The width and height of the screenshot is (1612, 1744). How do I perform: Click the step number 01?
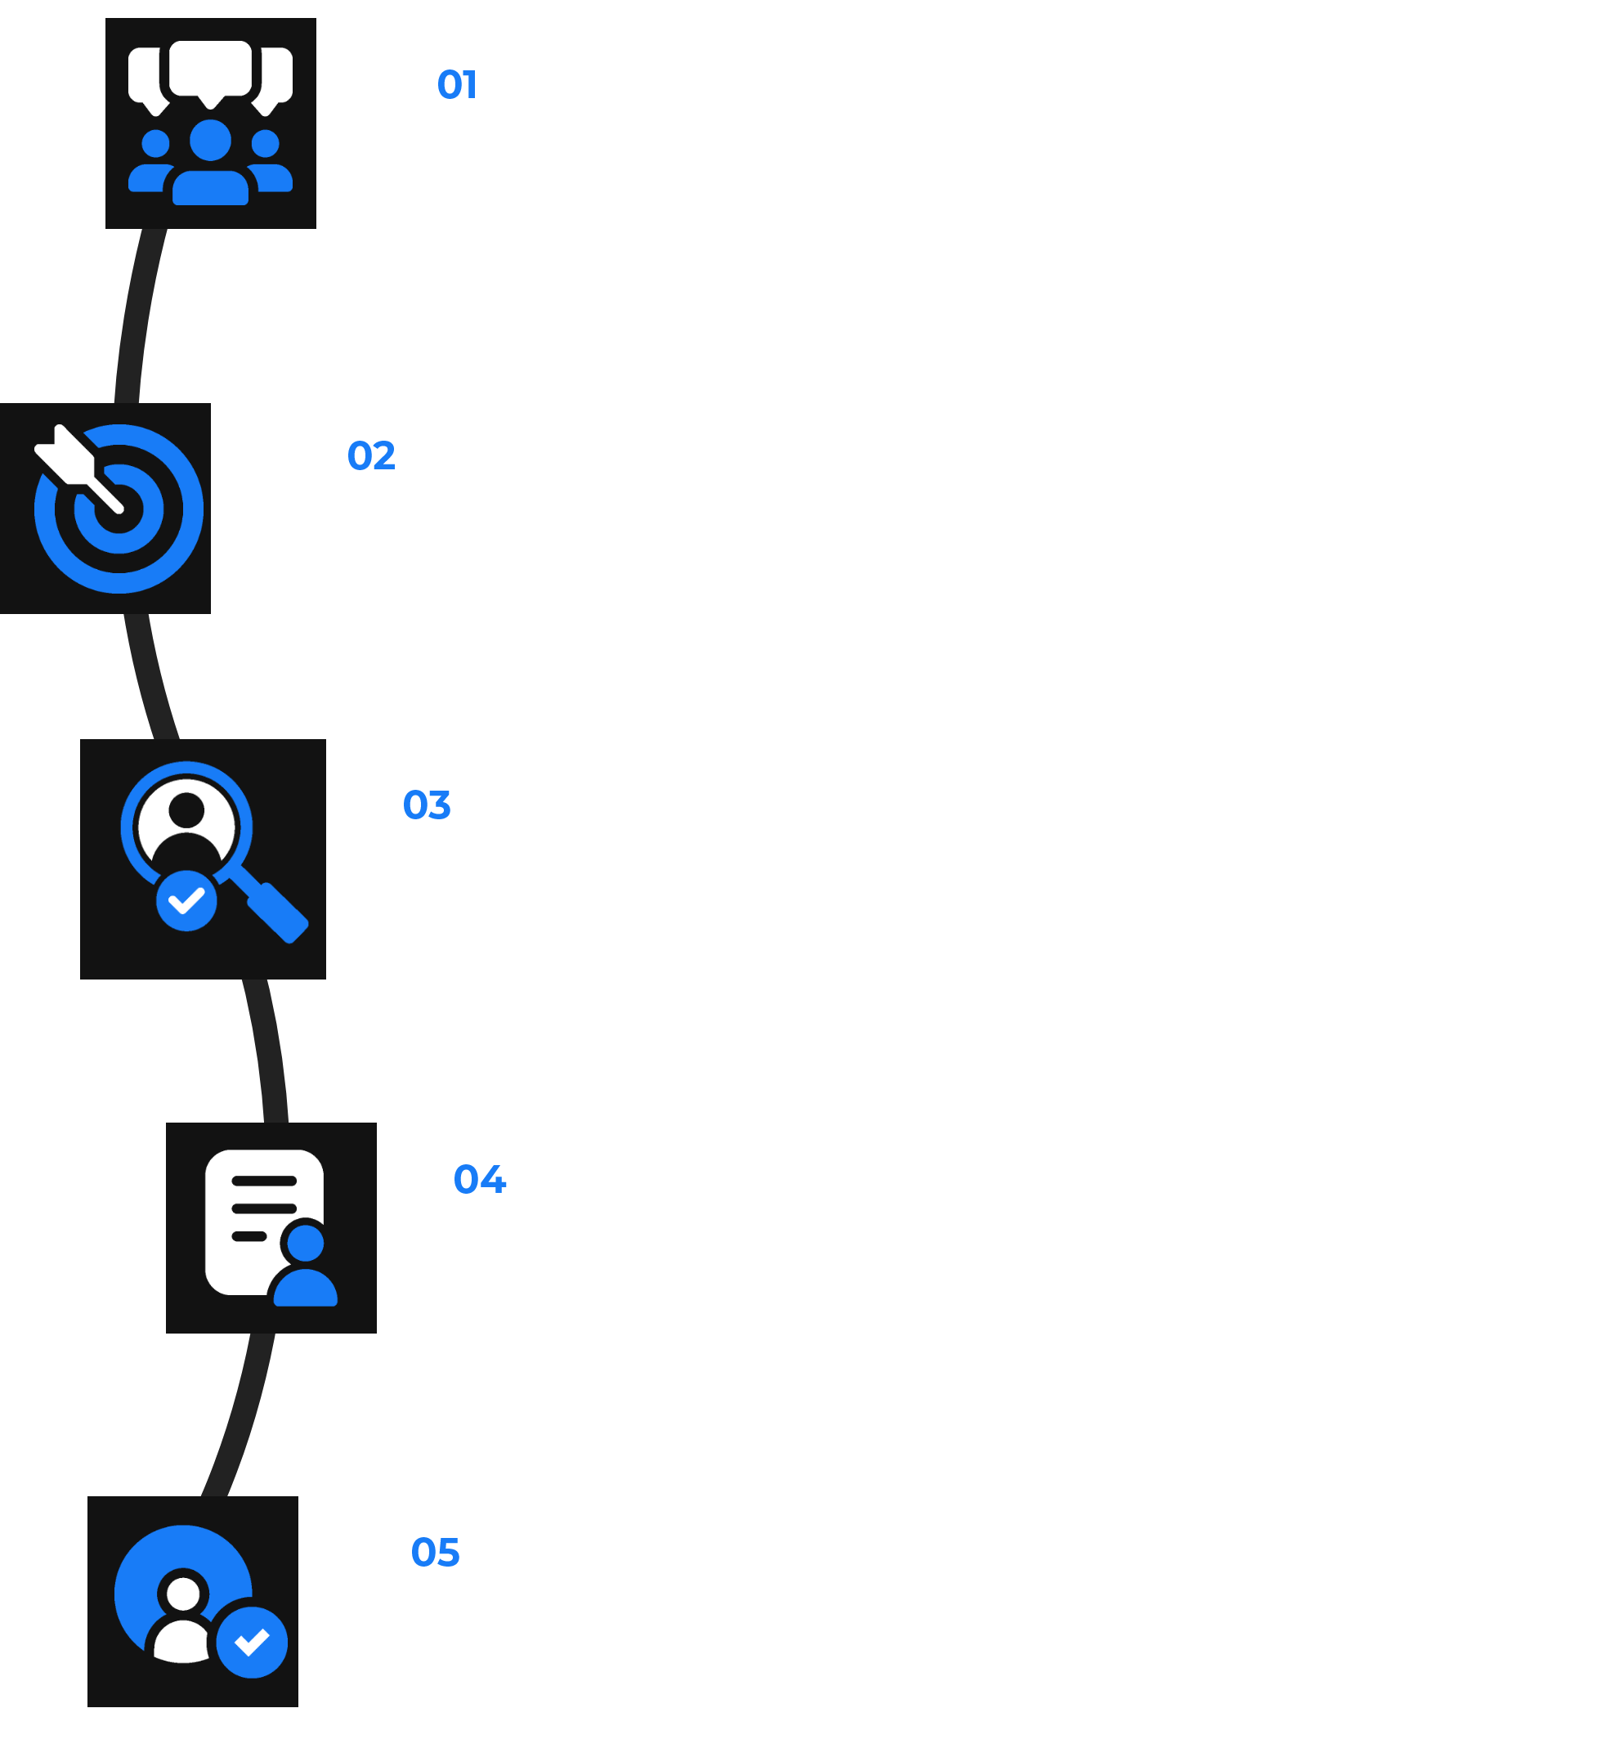[x=456, y=85]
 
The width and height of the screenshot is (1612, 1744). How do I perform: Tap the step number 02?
[x=371, y=455]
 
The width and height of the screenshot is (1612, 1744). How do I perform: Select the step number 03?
[x=427, y=805]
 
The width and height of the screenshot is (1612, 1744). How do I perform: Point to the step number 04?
[x=480, y=1179]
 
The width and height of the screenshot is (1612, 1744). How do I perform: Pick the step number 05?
[x=435, y=1552]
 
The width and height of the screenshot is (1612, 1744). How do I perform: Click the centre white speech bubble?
[x=210, y=68]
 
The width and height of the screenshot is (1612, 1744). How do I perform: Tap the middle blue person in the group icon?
[x=210, y=166]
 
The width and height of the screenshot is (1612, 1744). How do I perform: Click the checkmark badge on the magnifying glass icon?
[x=186, y=900]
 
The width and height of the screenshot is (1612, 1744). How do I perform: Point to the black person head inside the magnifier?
[x=186, y=810]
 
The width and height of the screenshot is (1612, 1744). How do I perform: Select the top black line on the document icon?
[x=264, y=1181]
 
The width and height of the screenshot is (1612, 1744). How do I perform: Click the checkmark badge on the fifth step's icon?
[x=252, y=1643]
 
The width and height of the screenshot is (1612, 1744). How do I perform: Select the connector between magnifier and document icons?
[x=268, y=1051]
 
